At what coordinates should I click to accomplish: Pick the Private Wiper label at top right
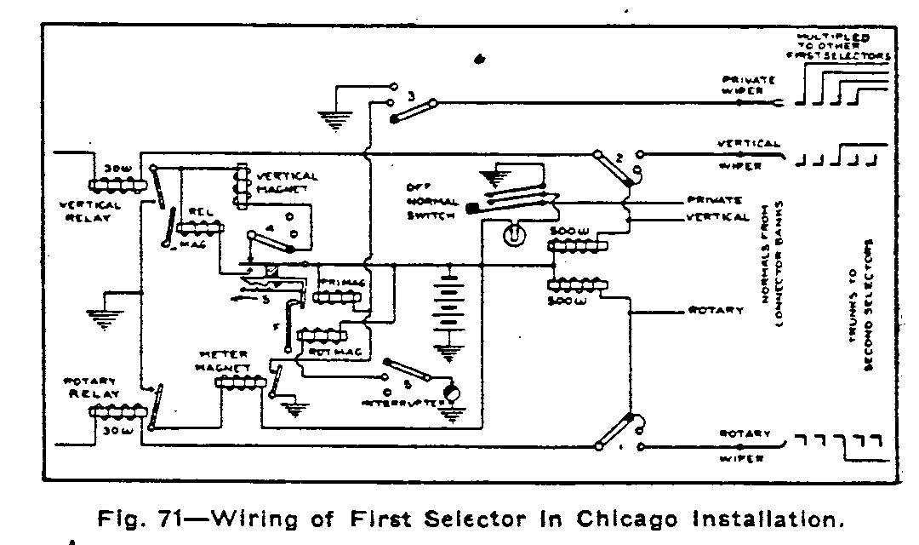(x=749, y=85)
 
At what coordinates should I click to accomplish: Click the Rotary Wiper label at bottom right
(x=745, y=446)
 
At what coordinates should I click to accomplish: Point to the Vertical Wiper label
(x=749, y=155)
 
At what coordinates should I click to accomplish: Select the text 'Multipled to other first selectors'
(x=839, y=47)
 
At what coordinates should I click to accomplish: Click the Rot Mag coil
(x=317, y=335)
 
